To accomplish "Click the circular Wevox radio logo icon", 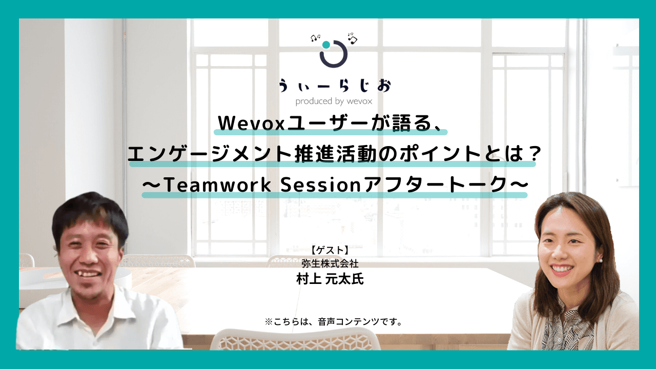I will (x=334, y=53).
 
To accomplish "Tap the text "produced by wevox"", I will (x=334, y=101).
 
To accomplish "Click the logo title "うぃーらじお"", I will (x=334, y=86).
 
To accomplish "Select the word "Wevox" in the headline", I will (x=245, y=123).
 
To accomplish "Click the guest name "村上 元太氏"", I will (x=330, y=279).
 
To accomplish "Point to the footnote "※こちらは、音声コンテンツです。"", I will (x=333, y=322).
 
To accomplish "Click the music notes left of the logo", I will (x=315, y=38).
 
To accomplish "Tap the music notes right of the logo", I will (x=352, y=37).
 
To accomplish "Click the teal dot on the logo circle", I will (x=326, y=45).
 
